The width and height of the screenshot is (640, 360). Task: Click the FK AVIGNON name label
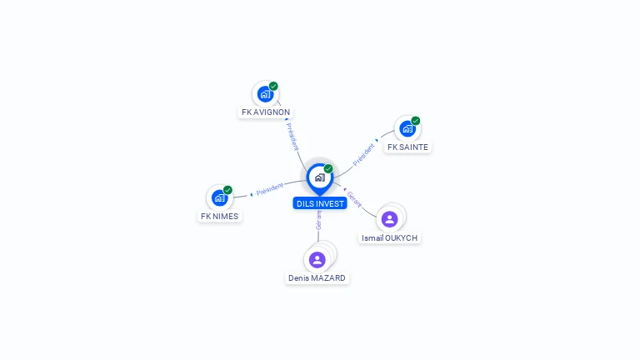(x=266, y=112)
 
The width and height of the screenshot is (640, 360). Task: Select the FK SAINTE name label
(x=407, y=147)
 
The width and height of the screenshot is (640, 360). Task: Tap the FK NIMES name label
(x=219, y=217)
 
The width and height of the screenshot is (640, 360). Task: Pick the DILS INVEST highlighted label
(x=320, y=203)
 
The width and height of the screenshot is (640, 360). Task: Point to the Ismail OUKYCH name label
(x=389, y=238)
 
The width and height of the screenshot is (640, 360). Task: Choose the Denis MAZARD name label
(x=317, y=278)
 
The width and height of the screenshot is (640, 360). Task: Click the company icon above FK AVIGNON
(x=265, y=93)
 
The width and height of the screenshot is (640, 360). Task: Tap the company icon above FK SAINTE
(x=407, y=128)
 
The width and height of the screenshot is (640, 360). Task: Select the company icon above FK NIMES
(x=218, y=197)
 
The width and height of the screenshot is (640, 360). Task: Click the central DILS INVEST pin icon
(x=319, y=177)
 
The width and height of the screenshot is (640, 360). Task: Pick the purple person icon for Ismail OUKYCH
(x=389, y=218)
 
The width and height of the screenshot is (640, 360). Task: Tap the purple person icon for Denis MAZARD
(x=317, y=259)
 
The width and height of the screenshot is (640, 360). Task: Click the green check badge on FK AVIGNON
(x=273, y=86)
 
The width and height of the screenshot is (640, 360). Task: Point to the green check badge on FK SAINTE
(x=416, y=121)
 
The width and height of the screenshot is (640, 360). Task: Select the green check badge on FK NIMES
(x=227, y=190)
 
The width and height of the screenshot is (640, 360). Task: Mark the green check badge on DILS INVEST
(x=328, y=169)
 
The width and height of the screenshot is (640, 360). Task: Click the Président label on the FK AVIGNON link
(x=292, y=136)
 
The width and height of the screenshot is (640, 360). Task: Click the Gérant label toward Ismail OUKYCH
(x=354, y=198)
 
